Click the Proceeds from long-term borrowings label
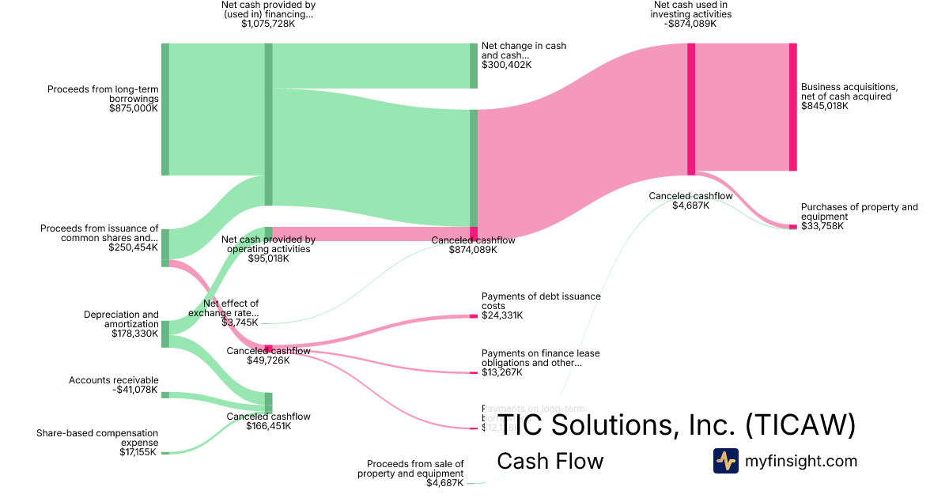103,94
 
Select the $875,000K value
134,108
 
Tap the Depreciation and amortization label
121,319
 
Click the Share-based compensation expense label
97,437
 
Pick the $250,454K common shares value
134,247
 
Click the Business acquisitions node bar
792,107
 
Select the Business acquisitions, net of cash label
849,92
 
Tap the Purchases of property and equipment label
859,212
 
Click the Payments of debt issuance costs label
541,301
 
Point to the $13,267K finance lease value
502,372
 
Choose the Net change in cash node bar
474,66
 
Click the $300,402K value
506,65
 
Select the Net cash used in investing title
692,9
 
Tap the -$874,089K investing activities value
692,24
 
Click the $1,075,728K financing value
268,24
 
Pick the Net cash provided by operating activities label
268,244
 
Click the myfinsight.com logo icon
725,461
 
